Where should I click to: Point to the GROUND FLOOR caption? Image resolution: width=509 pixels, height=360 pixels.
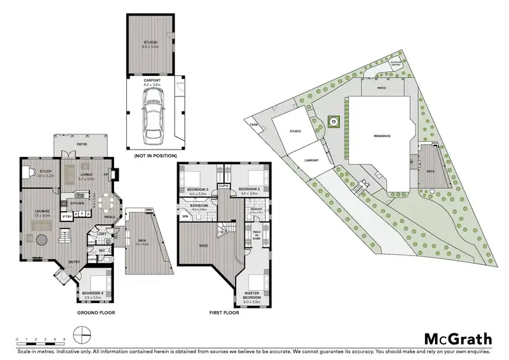point(96,313)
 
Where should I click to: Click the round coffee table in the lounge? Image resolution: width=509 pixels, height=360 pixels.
point(43,240)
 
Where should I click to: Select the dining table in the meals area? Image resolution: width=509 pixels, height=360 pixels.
point(105,202)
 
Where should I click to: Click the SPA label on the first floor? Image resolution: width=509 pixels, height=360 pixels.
point(184,217)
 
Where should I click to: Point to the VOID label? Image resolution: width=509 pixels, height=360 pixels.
point(203,246)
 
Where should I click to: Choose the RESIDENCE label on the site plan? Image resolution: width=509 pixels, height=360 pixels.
point(382,136)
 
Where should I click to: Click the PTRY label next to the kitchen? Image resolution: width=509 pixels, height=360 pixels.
point(67,217)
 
